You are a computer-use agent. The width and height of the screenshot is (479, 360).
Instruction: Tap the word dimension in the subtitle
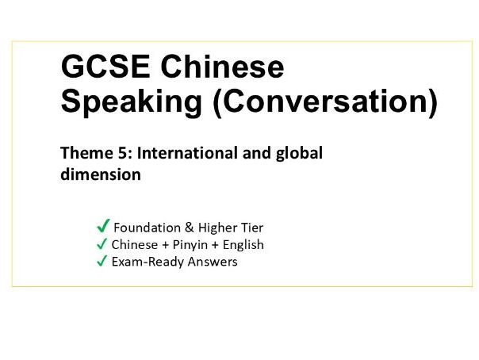(x=101, y=174)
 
